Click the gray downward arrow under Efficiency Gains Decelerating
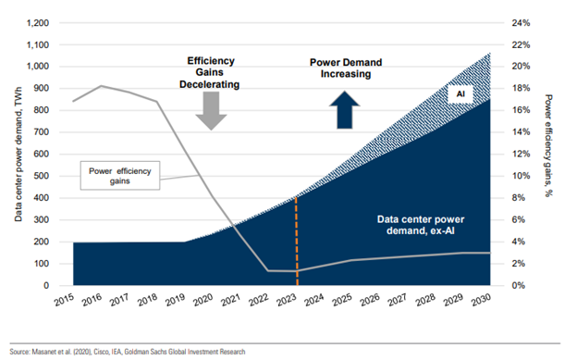click(212, 110)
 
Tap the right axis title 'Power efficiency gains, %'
click(562, 153)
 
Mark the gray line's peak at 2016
click(101, 86)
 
